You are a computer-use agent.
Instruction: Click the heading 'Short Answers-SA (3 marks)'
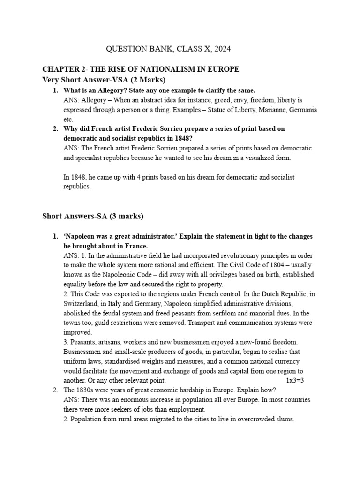[93, 216]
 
